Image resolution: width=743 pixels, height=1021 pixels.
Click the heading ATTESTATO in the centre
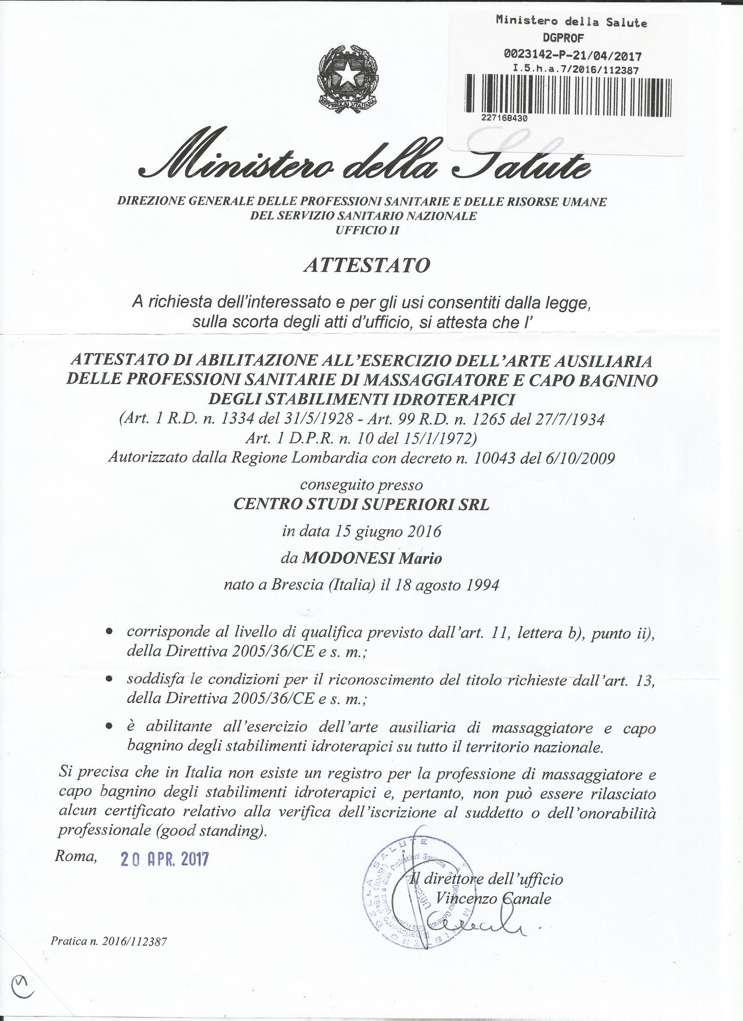367,265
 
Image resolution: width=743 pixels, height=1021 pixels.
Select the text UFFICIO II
367,230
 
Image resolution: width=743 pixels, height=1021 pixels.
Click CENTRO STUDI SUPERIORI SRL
361,504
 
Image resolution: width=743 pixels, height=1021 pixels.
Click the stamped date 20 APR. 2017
164,859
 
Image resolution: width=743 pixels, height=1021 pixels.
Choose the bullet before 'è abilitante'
109,727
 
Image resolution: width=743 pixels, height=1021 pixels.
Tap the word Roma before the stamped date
76,856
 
